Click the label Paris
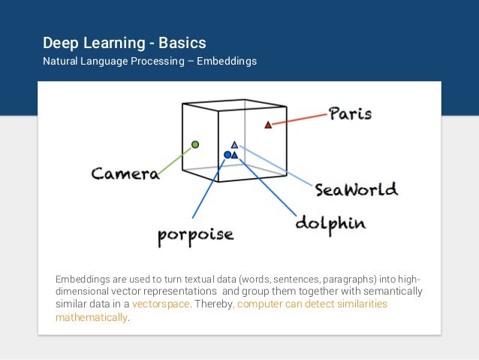tap(350, 114)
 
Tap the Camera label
tap(125, 174)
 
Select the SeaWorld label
tap(356, 189)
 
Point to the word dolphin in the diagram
tap(330, 222)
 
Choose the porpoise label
tap(195, 234)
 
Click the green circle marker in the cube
tap(195, 144)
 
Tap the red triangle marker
tap(268, 125)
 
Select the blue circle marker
tap(227, 155)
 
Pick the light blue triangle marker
tap(234, 144)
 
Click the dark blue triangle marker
tap(235, 155)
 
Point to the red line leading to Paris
tap(298, 119)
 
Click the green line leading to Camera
tap(177, 159)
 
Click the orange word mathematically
tap(91, 317)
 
